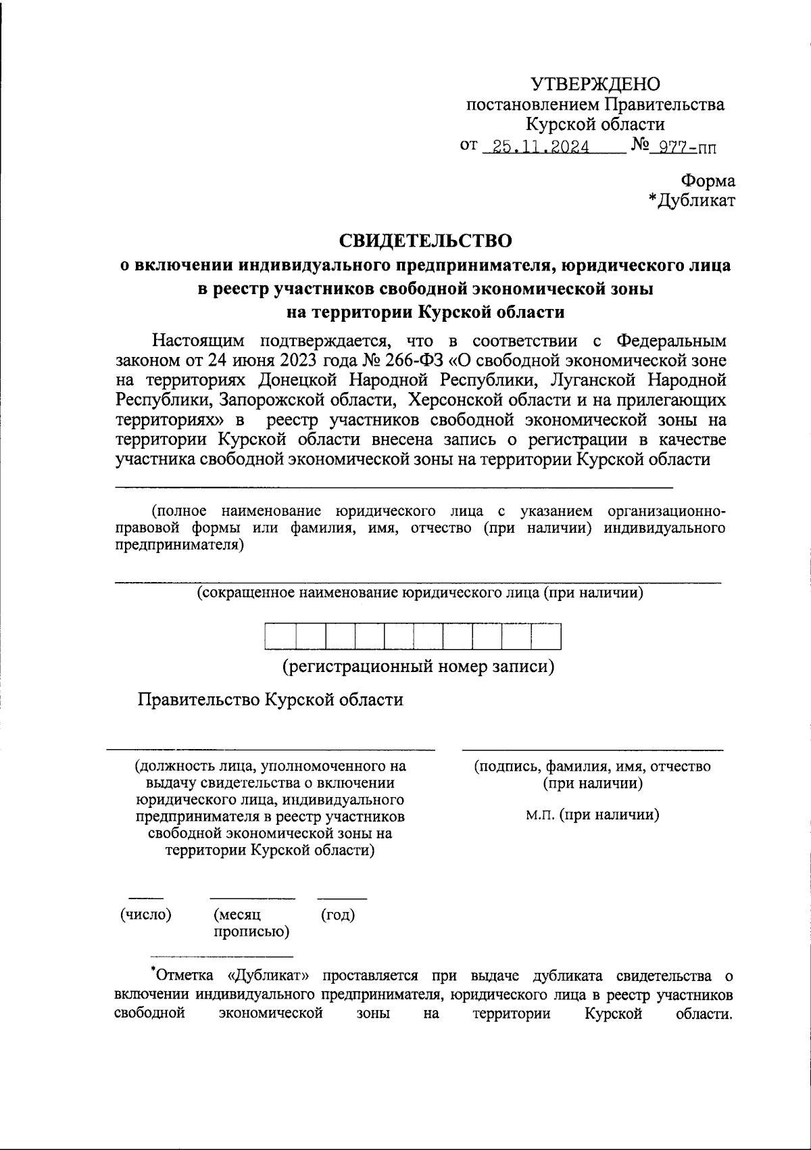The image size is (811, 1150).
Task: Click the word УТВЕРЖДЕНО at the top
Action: pos(595,84)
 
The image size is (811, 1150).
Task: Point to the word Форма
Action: pos(708,181)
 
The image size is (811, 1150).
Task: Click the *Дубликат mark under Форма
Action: pos(691,200)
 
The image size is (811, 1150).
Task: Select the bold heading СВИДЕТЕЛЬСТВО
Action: pos(425,240)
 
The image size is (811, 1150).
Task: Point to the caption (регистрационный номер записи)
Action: pos(418,667)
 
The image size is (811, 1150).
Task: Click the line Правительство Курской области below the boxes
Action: pos(270,699)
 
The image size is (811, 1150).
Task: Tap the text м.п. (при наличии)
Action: pos(593,814)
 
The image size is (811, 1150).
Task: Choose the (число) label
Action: pos(145,915)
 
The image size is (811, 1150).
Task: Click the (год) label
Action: pos(337,915)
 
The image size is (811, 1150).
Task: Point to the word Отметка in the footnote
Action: pos(181,976)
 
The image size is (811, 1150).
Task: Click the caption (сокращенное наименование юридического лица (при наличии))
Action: pos(420,593)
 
